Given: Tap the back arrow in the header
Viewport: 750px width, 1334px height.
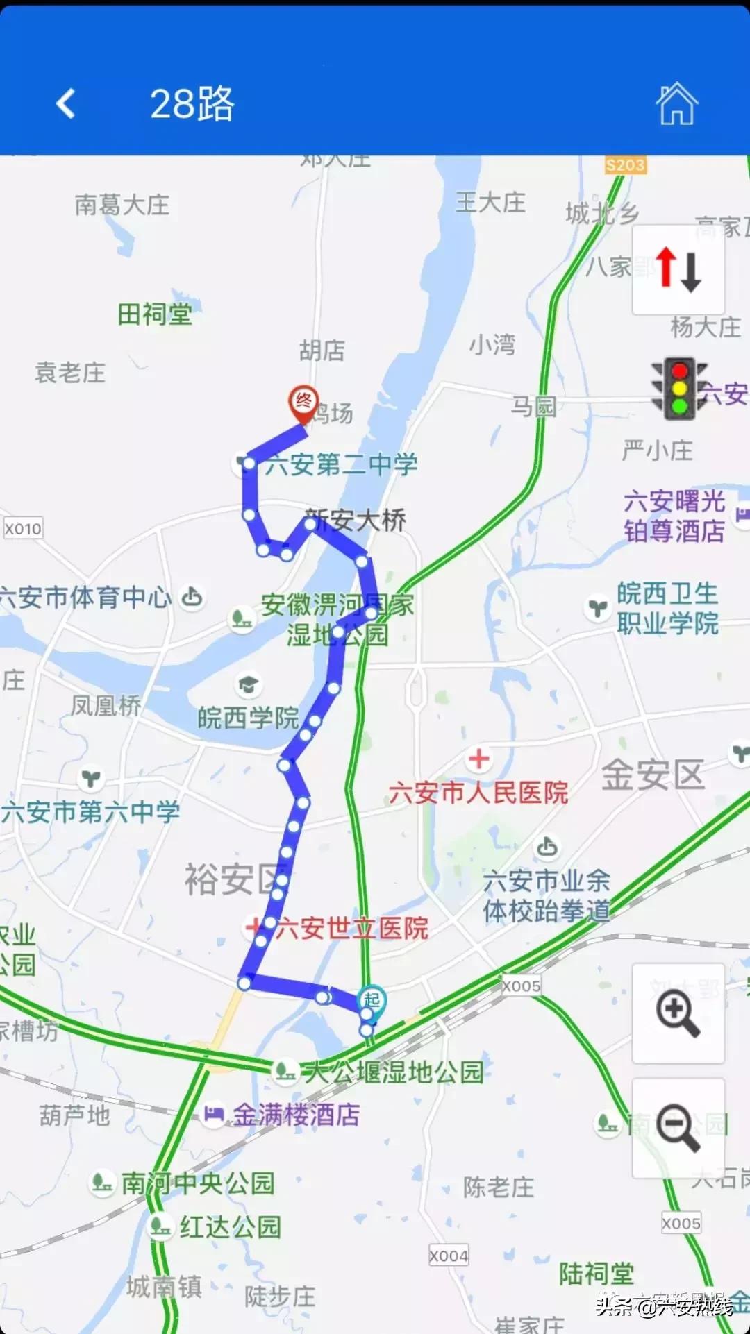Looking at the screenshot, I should pyautogui.click(x=66, y=104).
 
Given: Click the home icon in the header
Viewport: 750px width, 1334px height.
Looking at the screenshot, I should pyautogui.click(x=676, y=104).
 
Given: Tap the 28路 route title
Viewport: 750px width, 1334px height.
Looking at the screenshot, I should pyautogui.click(x=192, y=104).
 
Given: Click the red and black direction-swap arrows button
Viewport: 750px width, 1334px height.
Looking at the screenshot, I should pyautogui.click(x=678, y=269).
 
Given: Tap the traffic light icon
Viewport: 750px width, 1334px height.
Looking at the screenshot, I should pyautogui.click(x=679, y=388).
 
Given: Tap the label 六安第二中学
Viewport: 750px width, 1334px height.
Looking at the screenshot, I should pyautogui.click(x=342, y=464).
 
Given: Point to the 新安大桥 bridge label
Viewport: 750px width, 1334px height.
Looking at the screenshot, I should pyautogui.click(x=356, y=520).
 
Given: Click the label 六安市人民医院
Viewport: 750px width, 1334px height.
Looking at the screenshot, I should pyautogui.click(x=478, y=792).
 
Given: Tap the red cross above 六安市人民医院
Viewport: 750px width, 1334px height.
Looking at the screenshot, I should pyautogui.click(x=478, y=759).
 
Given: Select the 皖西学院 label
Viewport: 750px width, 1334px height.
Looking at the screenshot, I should pyautogui.click(x=248, y=718).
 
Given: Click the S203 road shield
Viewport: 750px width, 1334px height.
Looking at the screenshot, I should pyautogui.click(x=625, y=165).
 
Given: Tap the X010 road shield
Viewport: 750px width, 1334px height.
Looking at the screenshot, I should pyautogui.click(x=23, y=529).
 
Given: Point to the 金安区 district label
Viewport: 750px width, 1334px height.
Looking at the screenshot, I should pyautogui.click(x=653, y=775).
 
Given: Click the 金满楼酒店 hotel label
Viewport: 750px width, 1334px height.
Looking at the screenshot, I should pyautogui.click(x=296, y=1115).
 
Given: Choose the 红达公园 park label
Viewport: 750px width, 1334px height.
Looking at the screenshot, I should pyautogui.click(x=230, y=1227).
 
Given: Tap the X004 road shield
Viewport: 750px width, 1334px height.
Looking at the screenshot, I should pyautogui.click(x=449, y=1256).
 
